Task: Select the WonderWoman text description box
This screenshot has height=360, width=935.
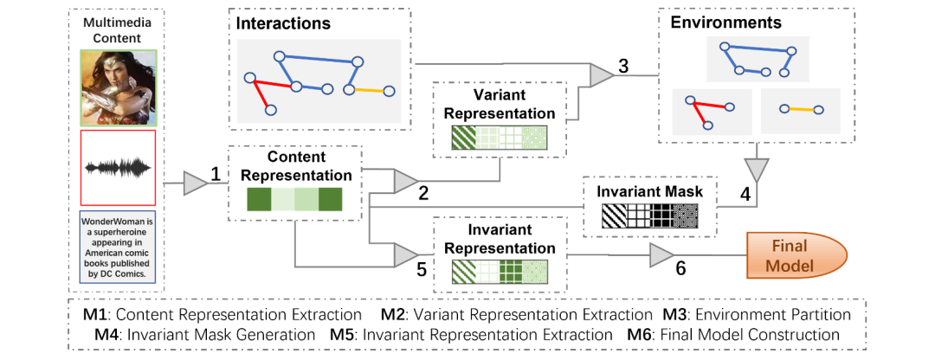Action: tap(117, 247)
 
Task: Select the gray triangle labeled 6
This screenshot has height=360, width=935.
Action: tap(661, 254)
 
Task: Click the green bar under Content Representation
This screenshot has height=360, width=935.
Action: tap(294, 201)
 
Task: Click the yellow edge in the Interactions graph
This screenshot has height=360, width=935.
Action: tap(369, 90)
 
